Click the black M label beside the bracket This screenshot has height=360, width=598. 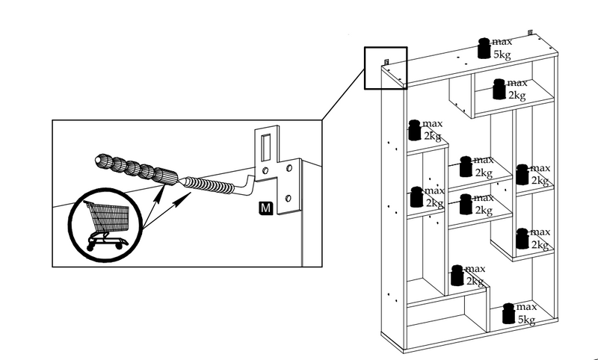pyautogui.click(x=266, y=208)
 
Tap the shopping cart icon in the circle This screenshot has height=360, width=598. pyautogui.click(x=107, y=225)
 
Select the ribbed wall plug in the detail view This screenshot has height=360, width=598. pyautogui.click(x=136, y=168)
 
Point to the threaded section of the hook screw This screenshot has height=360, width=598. pyautogui.click(x=210, y=184)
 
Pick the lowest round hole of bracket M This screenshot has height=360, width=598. pyautogui.click(x=289, y=198)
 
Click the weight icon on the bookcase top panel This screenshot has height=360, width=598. pyautogui.click(x=484, y=49)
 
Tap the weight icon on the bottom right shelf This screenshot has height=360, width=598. pyautogui.click(x=508, y=314)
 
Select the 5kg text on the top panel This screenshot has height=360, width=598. pyautogui.click(x=502, y=55)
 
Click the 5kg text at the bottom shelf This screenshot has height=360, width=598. pyautogui.click(x=526, y=320)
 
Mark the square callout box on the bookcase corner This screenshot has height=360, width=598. pyautogui.click(x=386, y=68)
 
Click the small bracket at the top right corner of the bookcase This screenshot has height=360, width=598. pyautogui.click(x=530, y=32)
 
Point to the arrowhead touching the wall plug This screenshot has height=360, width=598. pyautogui.click(x=162, y=188)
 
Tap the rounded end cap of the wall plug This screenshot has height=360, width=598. pyautogui.click(x=100, y=161)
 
